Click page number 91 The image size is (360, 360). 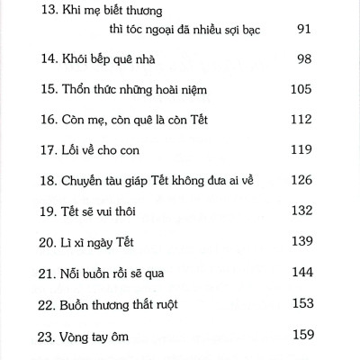[303, 53]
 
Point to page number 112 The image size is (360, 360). [301, 146]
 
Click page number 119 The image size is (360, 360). [301, 177]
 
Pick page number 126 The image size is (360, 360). [301, 209]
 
